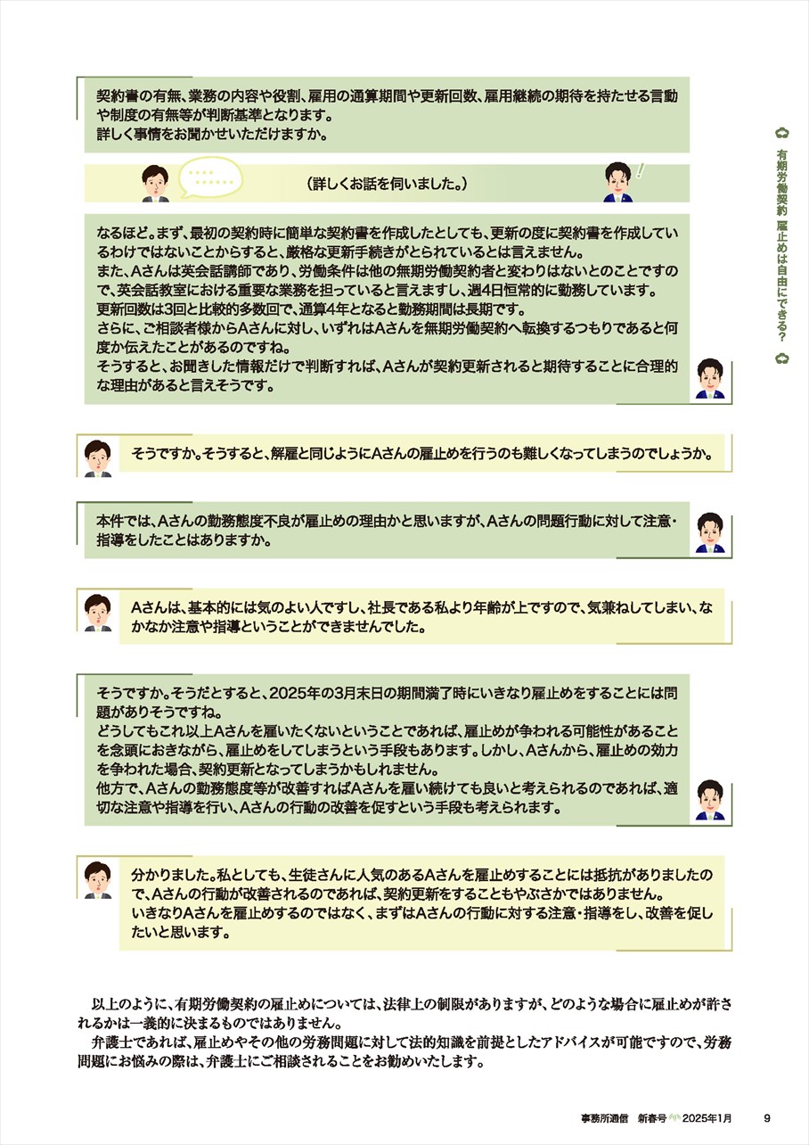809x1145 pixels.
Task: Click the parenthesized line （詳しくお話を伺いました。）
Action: tap(388, 184)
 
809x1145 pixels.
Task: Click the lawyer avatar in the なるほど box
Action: tap(710, 380)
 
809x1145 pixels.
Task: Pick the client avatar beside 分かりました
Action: tap(98, 880)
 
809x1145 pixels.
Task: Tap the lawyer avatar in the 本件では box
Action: tap(710, 532)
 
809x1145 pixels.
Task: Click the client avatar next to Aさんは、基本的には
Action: tap(98, 613)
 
